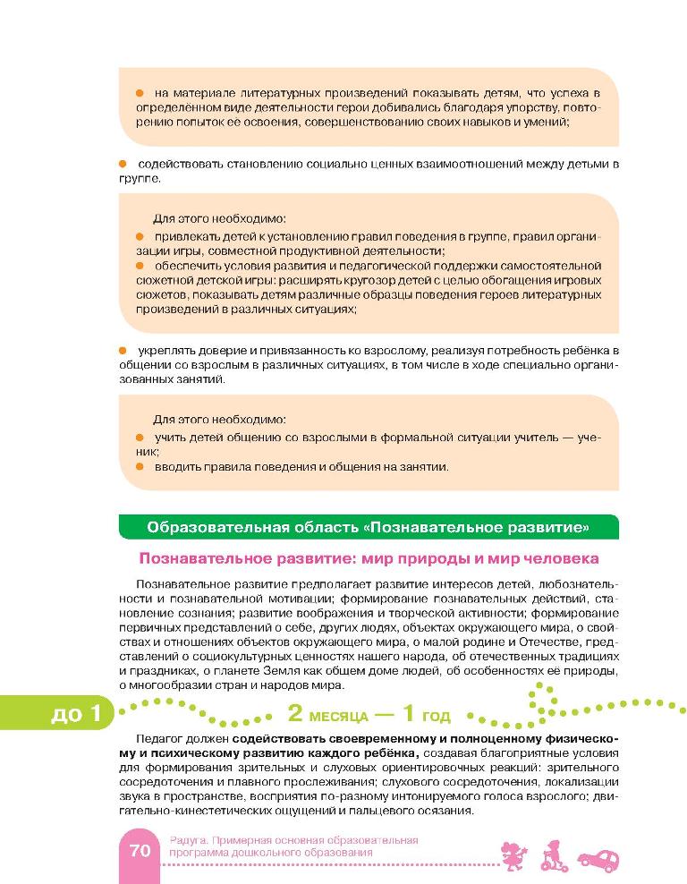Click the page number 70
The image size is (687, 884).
[x=140, y=851]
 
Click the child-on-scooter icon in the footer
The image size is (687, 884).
[x=552, y=854]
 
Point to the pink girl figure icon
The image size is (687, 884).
[x=513, y=854]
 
